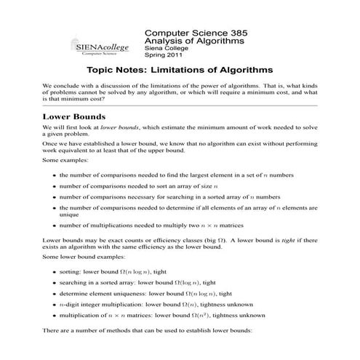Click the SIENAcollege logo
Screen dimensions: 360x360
pos(101,45)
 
